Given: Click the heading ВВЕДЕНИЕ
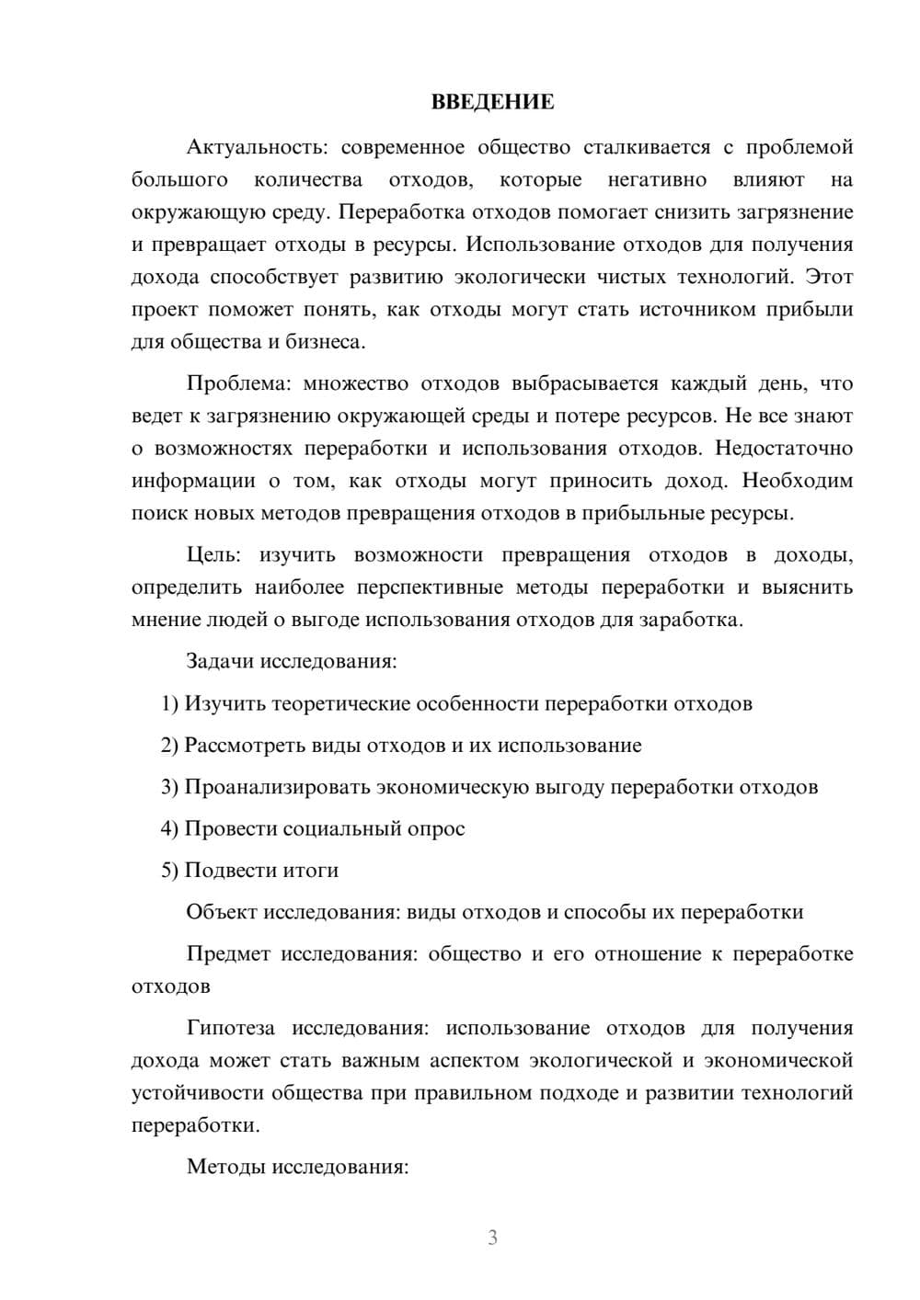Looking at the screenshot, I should tap(492, 103).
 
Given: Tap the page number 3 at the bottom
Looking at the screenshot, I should tap(492, 1237).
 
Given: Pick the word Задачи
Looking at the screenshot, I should tap(221, 661).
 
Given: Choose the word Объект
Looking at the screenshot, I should tap(222, 912).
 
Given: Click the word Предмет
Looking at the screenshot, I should tap(228, 953).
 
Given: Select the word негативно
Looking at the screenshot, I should tap(657, 179).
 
